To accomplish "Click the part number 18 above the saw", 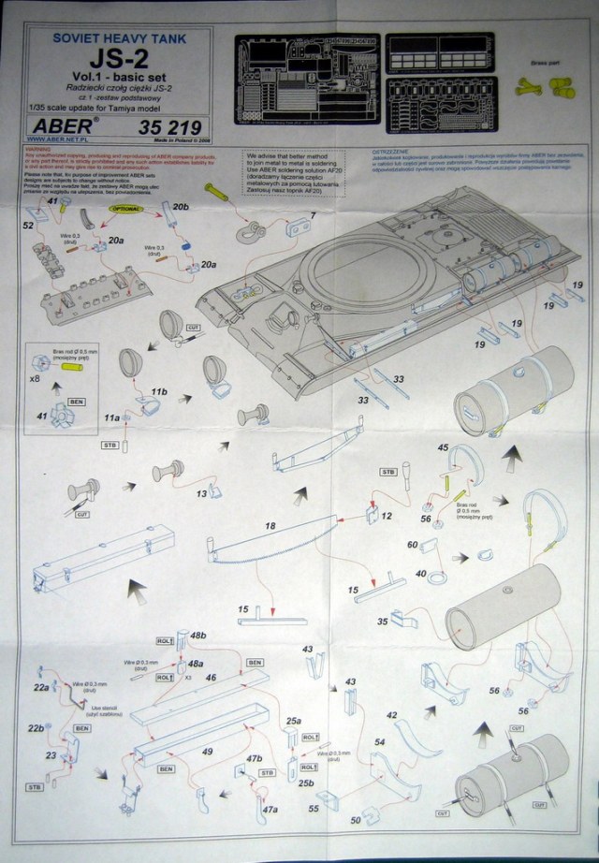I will pos(270,528).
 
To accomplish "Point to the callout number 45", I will pos(444,447).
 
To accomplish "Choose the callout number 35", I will pos(383,621).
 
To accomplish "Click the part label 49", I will pos(208,751).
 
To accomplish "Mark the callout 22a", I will pos(40,688).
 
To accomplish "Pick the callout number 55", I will pos(314,806).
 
